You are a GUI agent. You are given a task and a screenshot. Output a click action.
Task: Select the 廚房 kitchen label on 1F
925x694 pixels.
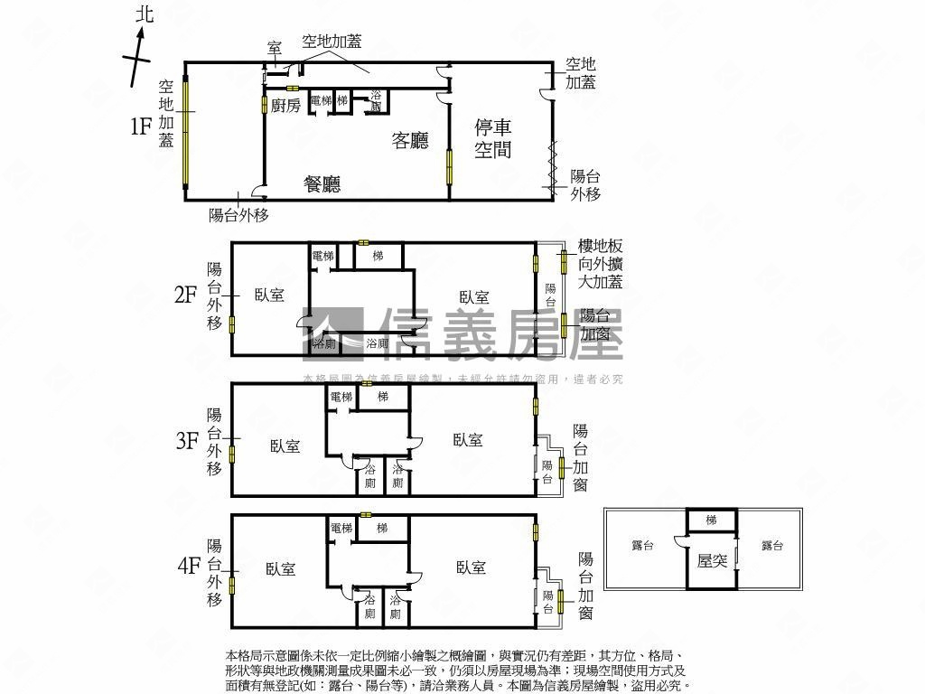point(285,106)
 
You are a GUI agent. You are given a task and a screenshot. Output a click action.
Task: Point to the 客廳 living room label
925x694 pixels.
point(410,140)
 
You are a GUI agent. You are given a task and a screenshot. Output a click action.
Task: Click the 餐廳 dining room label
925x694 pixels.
point(322,185)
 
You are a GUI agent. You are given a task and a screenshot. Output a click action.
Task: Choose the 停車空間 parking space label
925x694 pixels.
point(493,138)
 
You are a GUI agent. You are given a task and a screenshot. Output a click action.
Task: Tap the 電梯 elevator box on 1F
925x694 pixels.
point(321,100)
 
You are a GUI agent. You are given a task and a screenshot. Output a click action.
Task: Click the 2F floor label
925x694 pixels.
point(186,295)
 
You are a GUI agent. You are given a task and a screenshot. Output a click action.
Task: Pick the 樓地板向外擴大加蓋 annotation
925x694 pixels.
point(601,264)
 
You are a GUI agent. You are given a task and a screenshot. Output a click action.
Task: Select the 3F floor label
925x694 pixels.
point(187,441)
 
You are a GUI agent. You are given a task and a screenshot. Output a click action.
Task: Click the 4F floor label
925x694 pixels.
point(189,567)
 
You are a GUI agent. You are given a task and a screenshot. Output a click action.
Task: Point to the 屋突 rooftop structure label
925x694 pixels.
point(712,561)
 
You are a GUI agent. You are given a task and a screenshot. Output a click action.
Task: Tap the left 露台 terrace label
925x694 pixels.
point(642,546)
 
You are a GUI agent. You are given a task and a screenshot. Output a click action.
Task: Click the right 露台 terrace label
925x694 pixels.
point(772,546)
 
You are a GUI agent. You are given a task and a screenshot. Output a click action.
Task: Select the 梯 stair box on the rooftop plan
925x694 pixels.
point(711,520)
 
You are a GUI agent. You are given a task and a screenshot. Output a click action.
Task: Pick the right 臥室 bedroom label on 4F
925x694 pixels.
point(472,567)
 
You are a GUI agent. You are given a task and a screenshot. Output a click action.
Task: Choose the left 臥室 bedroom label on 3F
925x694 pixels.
point(285,445)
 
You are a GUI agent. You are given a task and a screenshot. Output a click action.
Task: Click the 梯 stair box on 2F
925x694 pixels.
point(378,257)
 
